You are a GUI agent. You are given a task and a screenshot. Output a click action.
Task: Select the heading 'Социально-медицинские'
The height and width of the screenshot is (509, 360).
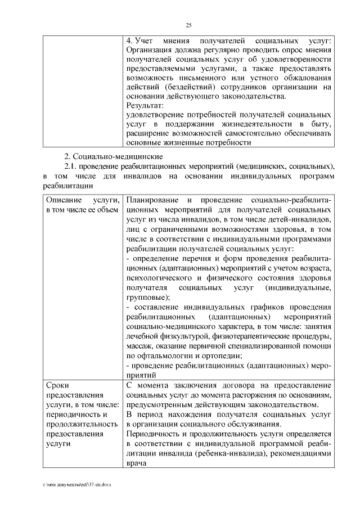(118, 155)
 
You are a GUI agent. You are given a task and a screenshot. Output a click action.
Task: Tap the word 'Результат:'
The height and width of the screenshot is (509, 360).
(145, 105)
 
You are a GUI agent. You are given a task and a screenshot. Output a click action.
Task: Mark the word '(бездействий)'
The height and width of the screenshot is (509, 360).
(187, 87)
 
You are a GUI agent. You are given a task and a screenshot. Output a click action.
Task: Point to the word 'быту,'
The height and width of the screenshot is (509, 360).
(319, 124)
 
